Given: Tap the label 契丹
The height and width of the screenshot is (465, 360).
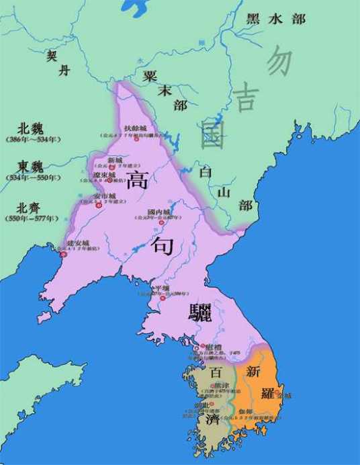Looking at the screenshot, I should [x=57, y=63].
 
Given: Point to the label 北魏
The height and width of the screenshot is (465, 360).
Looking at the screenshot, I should [x=33, y=128].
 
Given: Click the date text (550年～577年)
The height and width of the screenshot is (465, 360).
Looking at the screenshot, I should [x=33, y=219].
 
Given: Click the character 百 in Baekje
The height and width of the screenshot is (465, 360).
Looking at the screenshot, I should [x=216, y=372].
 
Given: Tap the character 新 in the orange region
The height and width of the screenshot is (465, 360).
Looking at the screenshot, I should [x=253, y=371].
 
